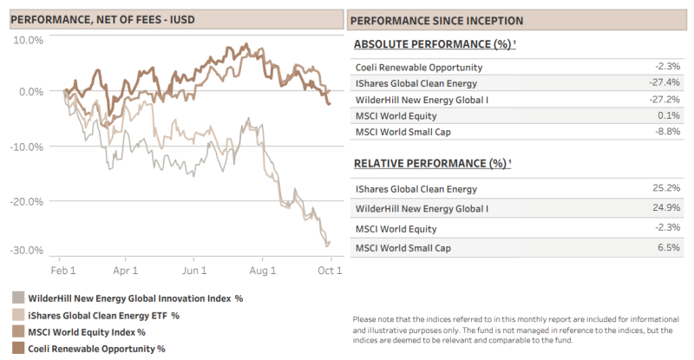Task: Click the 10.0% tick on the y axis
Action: coord(28,40)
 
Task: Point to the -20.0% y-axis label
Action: coord(27,202)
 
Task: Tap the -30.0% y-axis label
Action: coord(27,251)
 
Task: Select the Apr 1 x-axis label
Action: coord(125,271)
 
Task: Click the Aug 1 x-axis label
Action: coord(263,271)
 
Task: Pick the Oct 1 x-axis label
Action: coord(330,271)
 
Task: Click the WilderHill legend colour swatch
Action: coord(18,298)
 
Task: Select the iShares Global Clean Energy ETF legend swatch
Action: coord(18,315)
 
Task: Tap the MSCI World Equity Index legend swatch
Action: coord(18,331)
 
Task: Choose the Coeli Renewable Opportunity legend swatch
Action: coord(18,348)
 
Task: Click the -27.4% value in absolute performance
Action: coord(665,82)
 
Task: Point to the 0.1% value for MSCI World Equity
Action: coord(669,115)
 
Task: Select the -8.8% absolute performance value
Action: coord(667,132)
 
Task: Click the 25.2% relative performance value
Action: coord(666,188)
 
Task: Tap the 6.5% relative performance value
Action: coord(669,247)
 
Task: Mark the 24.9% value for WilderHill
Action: coord(666,207)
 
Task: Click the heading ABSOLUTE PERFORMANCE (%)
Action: coord(435,44)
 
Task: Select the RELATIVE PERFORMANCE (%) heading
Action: coord(432,163)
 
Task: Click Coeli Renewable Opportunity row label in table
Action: coord(419,68)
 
